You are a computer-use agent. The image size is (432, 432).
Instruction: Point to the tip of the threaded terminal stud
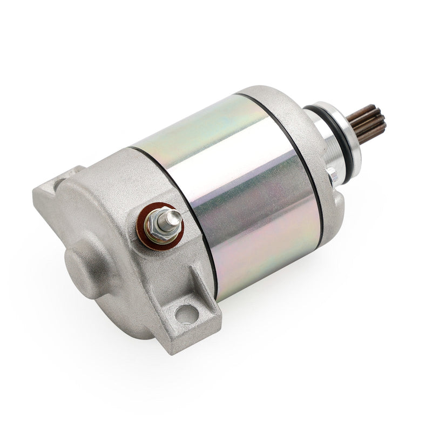(175, 217)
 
